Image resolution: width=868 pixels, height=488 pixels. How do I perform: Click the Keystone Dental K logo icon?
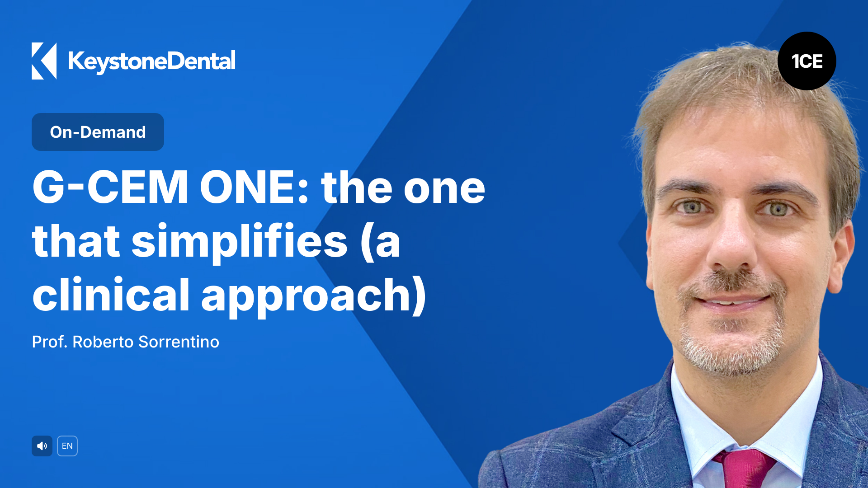pyautogui.click(x=44, y=61)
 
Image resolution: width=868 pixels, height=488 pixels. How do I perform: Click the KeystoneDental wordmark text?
pyautogui.click(x=151, y=61)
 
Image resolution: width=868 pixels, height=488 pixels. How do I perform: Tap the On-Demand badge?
pyautogui.click(x=98, y=132)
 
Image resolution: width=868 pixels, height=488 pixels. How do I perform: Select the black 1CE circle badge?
pyautogui.click(x=807, y=61)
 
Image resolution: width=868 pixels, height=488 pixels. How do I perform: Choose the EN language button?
pyautogui.click(x=67, y=446)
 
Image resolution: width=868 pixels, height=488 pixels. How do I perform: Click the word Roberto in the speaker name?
pyautogui.click(x=103, y=342)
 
